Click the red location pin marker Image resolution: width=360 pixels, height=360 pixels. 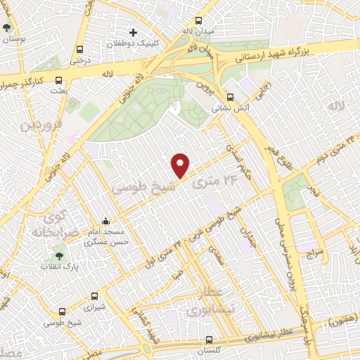pos(181,165)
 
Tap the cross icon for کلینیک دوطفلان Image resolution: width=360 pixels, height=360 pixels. pos(133,32)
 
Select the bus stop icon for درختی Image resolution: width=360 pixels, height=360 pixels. pos(79,50)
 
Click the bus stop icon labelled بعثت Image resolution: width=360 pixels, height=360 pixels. pos(58,80)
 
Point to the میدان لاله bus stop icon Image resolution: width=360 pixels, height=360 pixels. pos(199,20)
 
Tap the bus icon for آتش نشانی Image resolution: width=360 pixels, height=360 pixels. pos(231,98)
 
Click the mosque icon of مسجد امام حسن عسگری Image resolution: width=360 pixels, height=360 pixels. pos(106,221)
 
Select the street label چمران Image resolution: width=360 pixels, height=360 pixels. pos(247,236)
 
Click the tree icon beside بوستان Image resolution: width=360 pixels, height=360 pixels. pos(7,28)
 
